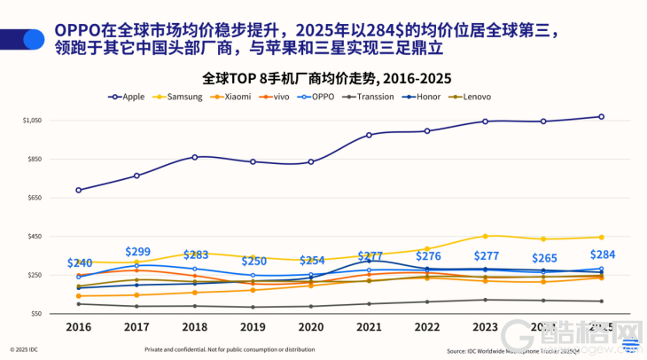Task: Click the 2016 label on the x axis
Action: tap(79, 327)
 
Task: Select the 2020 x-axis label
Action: tap(310, 327)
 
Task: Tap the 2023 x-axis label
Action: tap(485, 327)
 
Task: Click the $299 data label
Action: tap(137, 252)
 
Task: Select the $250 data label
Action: tap(253, 261)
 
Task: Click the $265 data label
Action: tap(543, 258)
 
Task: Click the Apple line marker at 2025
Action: tap(601, 116)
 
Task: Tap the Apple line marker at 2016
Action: tap(79, 190)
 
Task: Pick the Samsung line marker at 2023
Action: tap(485, 236)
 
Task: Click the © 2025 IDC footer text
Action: tap(24, 349)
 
